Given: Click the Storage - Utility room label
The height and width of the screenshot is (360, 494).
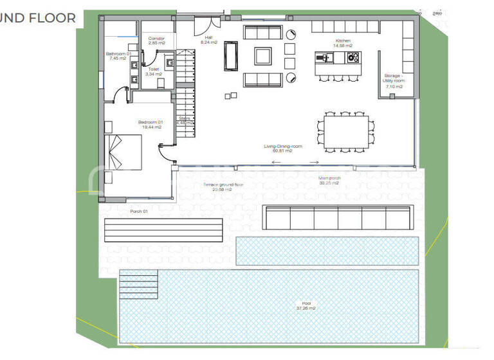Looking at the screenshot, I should [394, 81].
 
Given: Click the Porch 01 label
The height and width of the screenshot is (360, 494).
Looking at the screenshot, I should [139, 211].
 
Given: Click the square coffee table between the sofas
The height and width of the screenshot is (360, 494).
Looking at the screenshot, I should [262, 56].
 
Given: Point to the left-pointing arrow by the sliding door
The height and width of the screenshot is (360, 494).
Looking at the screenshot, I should [276, 162].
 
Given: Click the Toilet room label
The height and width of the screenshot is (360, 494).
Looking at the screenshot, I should [154, 71].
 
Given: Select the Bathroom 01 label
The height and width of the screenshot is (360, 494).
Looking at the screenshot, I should [118, 56].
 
